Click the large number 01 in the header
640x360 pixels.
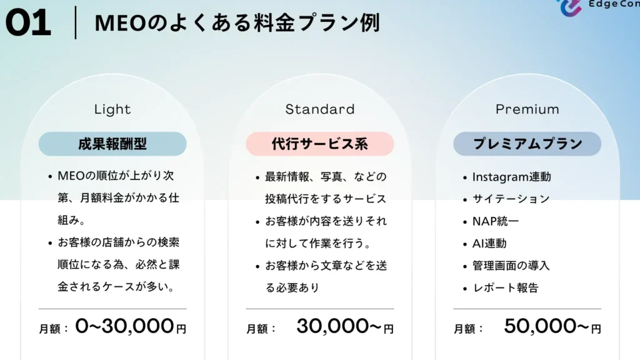click(28, 23)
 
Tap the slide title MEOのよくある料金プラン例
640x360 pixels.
click(237, 22)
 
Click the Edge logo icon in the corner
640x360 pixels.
click(570, 7)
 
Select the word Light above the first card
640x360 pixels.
click(112, 109)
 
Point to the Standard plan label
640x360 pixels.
click(320, 109)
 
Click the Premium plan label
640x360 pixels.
click(527, 109)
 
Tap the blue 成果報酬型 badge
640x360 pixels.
click(112, 144)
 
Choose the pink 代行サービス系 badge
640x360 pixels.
click(320, 144)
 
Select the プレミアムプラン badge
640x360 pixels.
click(527, 144)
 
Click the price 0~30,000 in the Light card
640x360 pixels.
click(125, 326)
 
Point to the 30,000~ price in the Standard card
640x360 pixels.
click(339, 326)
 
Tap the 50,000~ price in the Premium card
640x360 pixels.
click(546, 326)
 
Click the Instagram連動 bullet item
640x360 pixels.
click(511, 177)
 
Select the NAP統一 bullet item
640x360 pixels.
click(496, 221)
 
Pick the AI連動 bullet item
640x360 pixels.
click(489, 244)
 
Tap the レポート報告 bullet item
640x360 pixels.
click(505, 287)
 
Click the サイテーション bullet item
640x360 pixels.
click(511, 199)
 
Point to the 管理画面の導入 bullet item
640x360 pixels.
click(511, 266)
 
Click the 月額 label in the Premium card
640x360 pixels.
click(464, 329)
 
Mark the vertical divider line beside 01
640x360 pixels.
click(76, 22)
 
